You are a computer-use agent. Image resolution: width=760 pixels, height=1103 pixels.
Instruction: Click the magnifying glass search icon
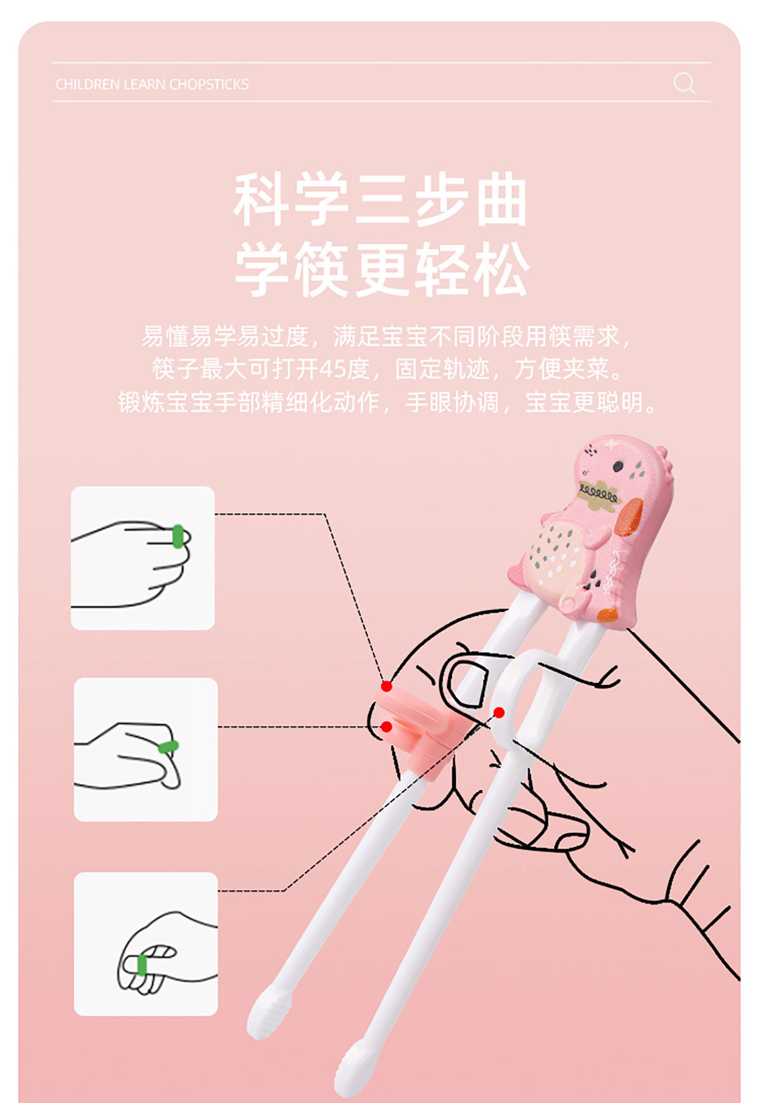[685, 83]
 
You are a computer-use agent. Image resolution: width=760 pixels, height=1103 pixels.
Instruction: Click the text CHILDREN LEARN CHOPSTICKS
[152, 84]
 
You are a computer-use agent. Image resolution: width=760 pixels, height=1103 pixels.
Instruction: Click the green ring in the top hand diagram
[178, 536]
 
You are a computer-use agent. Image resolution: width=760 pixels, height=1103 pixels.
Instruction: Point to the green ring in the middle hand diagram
[168, 747]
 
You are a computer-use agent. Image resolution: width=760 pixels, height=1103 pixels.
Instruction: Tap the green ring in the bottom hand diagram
[142, 965]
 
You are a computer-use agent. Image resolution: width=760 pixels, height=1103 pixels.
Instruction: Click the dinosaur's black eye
[618, 467]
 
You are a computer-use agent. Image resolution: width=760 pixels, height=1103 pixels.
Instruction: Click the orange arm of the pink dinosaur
[630, 517]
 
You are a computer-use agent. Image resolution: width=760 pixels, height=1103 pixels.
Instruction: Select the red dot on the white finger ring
[499, 712]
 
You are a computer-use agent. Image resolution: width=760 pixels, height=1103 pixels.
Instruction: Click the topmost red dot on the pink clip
[386, 686]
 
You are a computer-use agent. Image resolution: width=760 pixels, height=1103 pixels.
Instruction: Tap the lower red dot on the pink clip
[386, 726]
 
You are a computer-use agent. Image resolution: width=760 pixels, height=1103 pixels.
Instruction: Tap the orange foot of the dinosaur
[607, 615]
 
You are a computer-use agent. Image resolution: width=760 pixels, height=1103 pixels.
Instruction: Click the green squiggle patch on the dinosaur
[598, 495]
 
